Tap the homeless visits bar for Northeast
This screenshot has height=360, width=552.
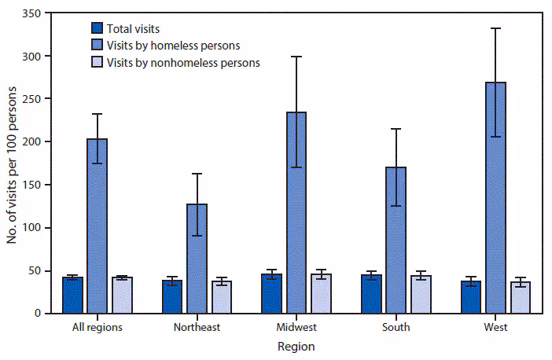tap(197, 259)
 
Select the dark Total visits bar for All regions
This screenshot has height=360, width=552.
tap(73, 296)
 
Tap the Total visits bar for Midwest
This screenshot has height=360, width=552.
tap(272, 294)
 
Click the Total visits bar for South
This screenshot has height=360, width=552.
tap(371, 294)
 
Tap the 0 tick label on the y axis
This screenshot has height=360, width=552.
tap(38, 314)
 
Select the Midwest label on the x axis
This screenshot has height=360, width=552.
tap(296, 327)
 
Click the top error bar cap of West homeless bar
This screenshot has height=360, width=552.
tap(495, 28)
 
